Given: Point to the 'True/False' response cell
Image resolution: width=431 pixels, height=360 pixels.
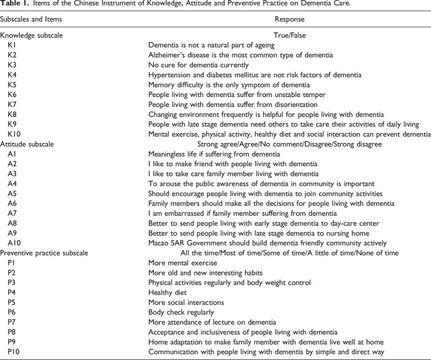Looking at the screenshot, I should click(x=289, y=36).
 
